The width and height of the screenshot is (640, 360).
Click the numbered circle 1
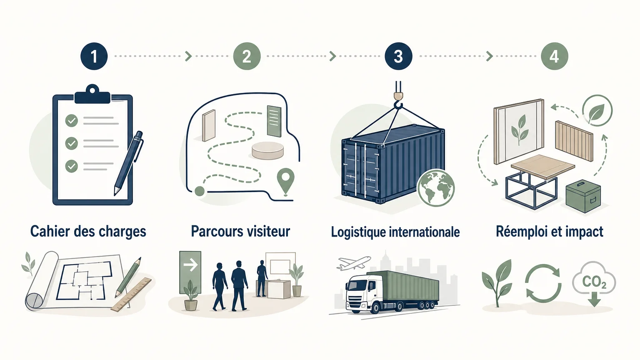94,56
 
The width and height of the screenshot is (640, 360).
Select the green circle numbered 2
247,56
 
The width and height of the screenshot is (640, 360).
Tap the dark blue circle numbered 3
398,56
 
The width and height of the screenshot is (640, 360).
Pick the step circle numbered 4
554,56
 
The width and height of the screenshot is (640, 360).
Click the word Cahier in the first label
50,231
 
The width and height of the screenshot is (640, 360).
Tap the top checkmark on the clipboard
71,120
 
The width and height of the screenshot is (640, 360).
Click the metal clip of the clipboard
92,94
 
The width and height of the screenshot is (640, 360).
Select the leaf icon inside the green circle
597,111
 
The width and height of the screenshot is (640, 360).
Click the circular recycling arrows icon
543,283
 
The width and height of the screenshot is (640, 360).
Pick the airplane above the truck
354,262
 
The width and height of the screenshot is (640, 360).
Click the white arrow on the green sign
190,265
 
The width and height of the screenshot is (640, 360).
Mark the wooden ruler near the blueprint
131,294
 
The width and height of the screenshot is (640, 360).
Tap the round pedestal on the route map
268,150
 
